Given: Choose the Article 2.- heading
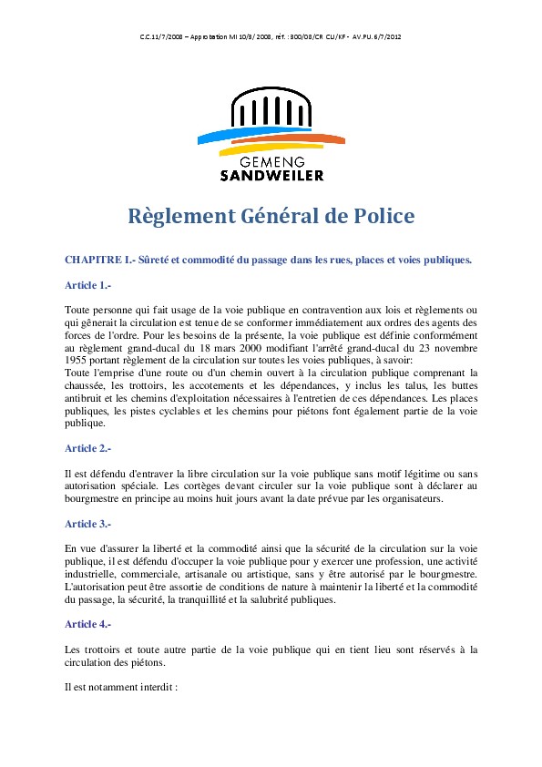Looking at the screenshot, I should [x=87, y=448].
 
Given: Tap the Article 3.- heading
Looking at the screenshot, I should [x=87, y=524].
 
